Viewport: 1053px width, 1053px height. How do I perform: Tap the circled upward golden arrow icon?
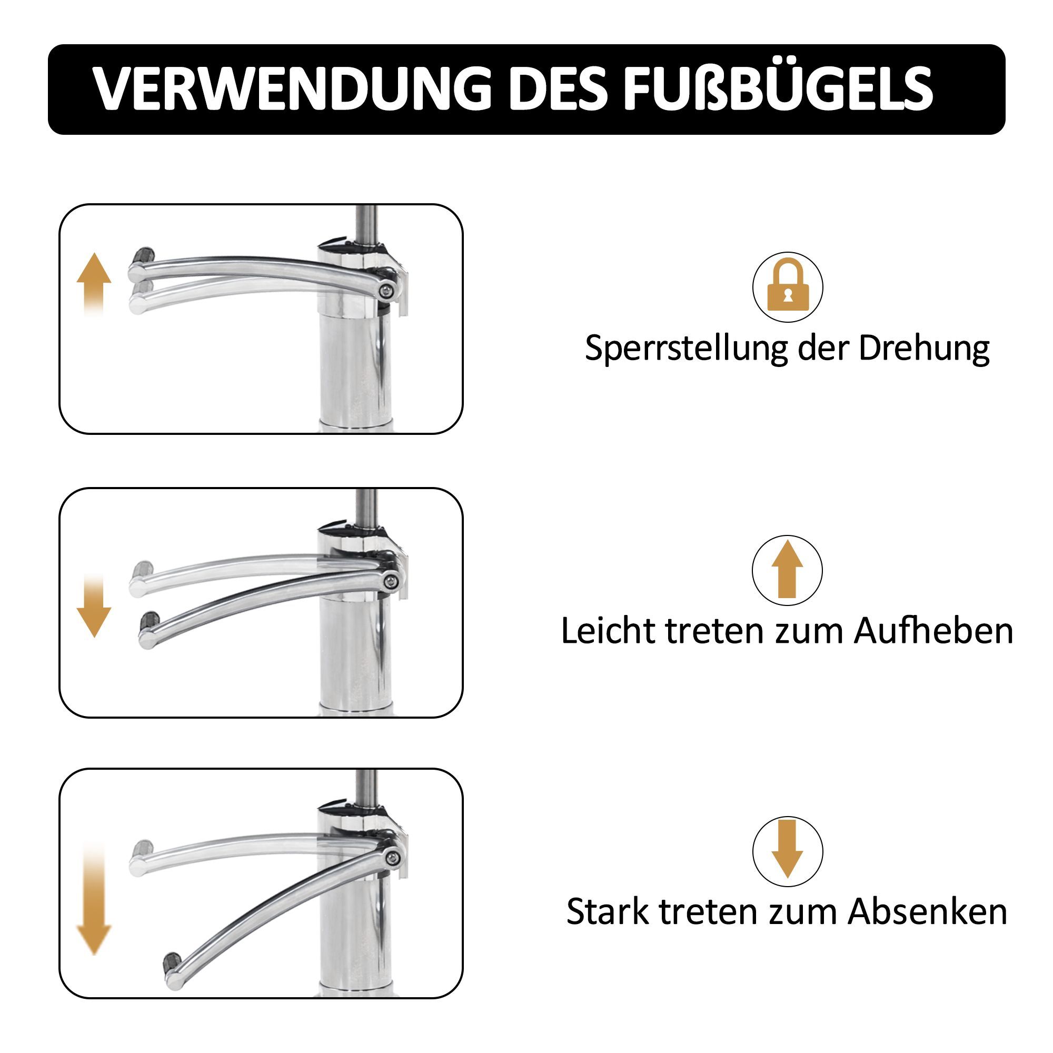[787, 570]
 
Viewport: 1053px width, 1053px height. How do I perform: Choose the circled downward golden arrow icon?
[788, 851]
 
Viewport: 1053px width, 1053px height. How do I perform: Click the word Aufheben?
[933, 631]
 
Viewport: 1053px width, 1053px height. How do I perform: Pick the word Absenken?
[928, 912]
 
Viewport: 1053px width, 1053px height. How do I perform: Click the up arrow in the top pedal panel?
[94, 283]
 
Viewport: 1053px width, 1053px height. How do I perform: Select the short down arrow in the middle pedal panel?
[94, 606]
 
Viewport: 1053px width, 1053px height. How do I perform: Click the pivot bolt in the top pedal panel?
[388, 291]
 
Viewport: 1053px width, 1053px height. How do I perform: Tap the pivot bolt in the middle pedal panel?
[390, 582]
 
